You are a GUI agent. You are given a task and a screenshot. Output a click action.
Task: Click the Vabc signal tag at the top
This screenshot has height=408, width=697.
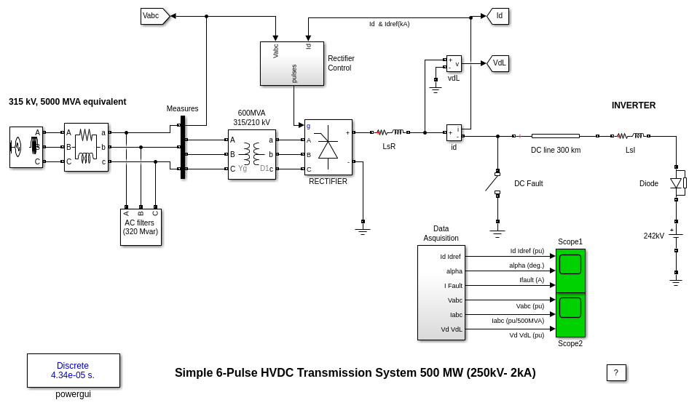click(154, 16)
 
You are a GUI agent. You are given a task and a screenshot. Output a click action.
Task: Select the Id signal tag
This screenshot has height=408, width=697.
click(499, 16)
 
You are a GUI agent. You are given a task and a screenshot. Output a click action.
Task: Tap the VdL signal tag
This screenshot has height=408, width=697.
click(499, 63)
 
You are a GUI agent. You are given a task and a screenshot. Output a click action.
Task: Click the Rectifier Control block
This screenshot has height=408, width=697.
click(291, 63)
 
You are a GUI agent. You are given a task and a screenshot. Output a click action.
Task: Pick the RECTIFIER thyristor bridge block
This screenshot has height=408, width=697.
click(328, 147)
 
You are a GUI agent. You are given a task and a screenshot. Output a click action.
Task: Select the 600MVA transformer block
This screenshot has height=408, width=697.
click(251, 154)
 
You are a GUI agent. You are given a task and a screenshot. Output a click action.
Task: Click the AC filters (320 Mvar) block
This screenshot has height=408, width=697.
click(141, 227)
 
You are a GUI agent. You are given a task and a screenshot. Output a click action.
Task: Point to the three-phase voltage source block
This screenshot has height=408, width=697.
click(25, 147)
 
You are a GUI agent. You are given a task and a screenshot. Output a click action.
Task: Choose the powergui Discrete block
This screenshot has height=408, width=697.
click(73, 370)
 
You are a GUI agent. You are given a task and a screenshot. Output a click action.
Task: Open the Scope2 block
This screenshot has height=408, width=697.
click(570, 315)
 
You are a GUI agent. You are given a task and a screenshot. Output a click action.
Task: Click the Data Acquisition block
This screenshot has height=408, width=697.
click(441, 292)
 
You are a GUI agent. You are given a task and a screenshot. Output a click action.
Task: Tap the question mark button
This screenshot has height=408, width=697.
click(615, 372)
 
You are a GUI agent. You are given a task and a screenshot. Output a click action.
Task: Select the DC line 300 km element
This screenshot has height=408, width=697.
click(555, 136)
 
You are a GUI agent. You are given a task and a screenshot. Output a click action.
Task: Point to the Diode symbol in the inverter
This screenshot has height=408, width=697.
click(676, 183)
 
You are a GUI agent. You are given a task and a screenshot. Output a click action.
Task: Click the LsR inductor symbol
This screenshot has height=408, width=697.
click(390, 132)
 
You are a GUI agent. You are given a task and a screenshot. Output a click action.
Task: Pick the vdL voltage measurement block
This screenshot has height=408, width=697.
click(454, 63)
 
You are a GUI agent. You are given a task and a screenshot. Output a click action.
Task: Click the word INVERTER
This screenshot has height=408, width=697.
click(633, 105)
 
